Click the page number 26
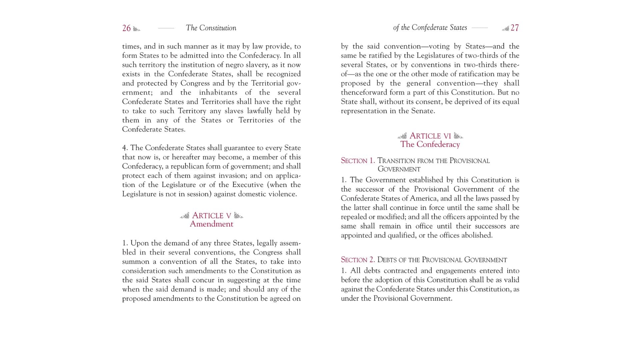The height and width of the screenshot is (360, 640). pyautogui.click(x=126, y=28)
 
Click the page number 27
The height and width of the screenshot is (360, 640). pyautogui.click(x=515, y=28)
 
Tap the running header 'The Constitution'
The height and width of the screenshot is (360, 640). pyautogui.click(x=211, y=28)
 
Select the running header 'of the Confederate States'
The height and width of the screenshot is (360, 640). pyautogui.click(x=430, y=28)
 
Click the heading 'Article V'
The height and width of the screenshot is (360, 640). pyautogui.click(x=211, y=216)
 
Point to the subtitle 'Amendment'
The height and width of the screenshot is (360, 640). pyautogui.click(x=211, y=224)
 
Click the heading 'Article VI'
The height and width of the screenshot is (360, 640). pyautogui.click(x=430, y=136)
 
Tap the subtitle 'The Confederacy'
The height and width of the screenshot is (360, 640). pyautogui.click(x=430, y=144)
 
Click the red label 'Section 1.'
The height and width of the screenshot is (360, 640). pyautogui.click(x=358, y=161)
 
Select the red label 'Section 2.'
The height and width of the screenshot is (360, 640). pyautogui.click(x=358, y=260)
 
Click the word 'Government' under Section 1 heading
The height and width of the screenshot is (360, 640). pyautogui.click(x=399, y=169)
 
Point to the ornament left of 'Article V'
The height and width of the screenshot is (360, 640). pyautogui.click(x=185, y=216)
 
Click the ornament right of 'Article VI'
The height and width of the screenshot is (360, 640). pyautogui.click(x=458, y=136)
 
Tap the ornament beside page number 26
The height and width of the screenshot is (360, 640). pyautogui.click(x=137, y=29)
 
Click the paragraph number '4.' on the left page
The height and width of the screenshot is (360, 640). pyautogui.click(x=125, y=148)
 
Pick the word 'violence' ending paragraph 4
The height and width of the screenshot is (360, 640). pyautogui.click(x=283, y=194)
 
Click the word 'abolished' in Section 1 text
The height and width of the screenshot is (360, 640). pyautogui.click(x=476, y=235)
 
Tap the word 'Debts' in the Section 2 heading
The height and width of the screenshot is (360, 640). pyautogui.click(x=387, y=260)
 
